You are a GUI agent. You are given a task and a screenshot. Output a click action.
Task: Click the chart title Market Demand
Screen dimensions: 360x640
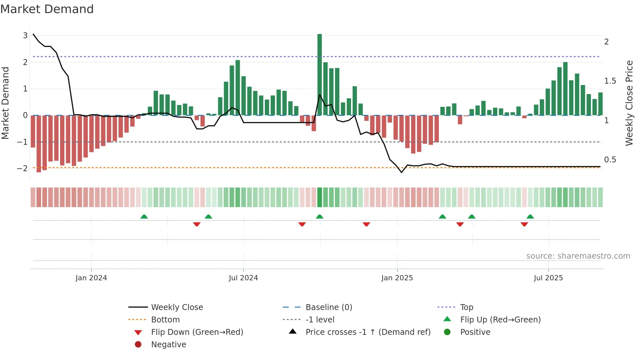click(x=47, y=9)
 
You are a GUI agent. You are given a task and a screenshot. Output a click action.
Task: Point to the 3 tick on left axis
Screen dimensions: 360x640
click(x=25, y=35)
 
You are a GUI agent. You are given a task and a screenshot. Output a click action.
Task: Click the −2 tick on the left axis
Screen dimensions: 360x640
click(x=23, y=169)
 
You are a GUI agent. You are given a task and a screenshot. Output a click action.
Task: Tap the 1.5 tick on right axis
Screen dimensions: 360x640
click(x=610, y=81)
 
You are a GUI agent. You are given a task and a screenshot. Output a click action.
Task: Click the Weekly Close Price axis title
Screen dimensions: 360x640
click(x=629, y=103)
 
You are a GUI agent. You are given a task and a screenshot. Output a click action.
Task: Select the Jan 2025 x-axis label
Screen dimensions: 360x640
click(x=397, y=278)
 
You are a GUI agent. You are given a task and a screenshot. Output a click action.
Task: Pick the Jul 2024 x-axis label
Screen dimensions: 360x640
click(x=243, y=278)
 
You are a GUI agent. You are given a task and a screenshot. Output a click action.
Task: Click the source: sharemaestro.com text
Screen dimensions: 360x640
click(x=578, y=256)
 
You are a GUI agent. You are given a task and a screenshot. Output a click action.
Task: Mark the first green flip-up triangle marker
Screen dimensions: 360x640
click(x=144, y=217)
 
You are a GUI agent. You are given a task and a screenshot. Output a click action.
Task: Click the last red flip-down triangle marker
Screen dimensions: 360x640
click(x=524, y=224)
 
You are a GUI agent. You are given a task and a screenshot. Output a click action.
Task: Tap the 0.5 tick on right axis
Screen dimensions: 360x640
click(x=610, y=160)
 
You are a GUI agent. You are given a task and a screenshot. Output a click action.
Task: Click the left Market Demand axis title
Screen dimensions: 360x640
click(x=6, y=103)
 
